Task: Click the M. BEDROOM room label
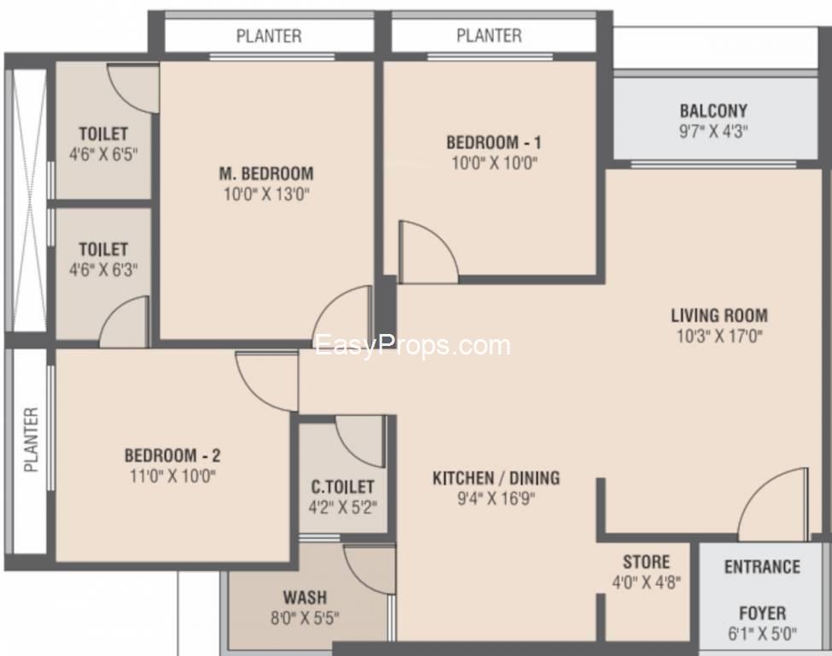click(x=266, y=173)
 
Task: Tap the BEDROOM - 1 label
click(x=494, y=143)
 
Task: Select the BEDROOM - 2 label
click(x=172, y=456)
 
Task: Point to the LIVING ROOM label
click(x=719, y=315)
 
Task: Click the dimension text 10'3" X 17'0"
click(x=719, y=337)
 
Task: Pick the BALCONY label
click(x=713, y=111)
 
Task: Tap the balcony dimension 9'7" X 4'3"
click(x=713, y=132)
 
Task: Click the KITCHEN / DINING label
click(x=496, y=478)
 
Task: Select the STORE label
click(x=646, y=562)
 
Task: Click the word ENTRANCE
click(x=762, y=567)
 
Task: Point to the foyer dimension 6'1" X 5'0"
click(x=762, y=634)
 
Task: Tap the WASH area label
click(x=305, y=598)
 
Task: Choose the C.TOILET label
click(x=343, y=487)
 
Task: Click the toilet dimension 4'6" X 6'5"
click(x=103, y=155)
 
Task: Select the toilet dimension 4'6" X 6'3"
click(x=103, y=271)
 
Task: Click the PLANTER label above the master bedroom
click(x=269, y=36)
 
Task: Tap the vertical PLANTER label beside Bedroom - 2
click(x=32, y=440)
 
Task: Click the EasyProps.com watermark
click(x=413, y=346)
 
